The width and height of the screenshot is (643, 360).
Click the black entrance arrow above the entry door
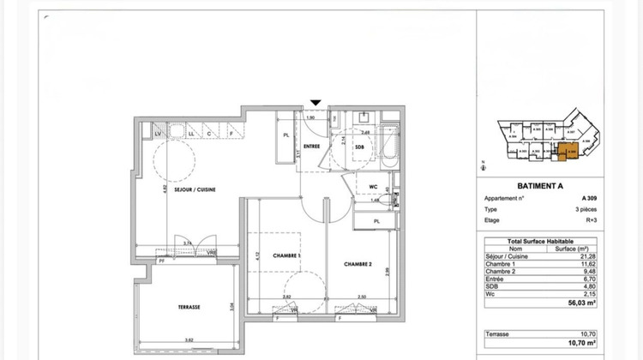tap(316, 103)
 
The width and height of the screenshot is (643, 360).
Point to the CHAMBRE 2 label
tap(358, 265)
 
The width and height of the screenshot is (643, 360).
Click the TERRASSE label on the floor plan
tap(189, 306)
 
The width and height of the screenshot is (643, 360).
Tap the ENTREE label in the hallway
tap(312, 147)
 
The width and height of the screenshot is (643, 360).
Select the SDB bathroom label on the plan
tap(361, 147)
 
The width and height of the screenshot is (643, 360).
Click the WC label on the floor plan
tap(374, 186)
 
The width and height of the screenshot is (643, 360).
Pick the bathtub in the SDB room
tap(389, 147)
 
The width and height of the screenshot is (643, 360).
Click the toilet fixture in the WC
tap(394, 196)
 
